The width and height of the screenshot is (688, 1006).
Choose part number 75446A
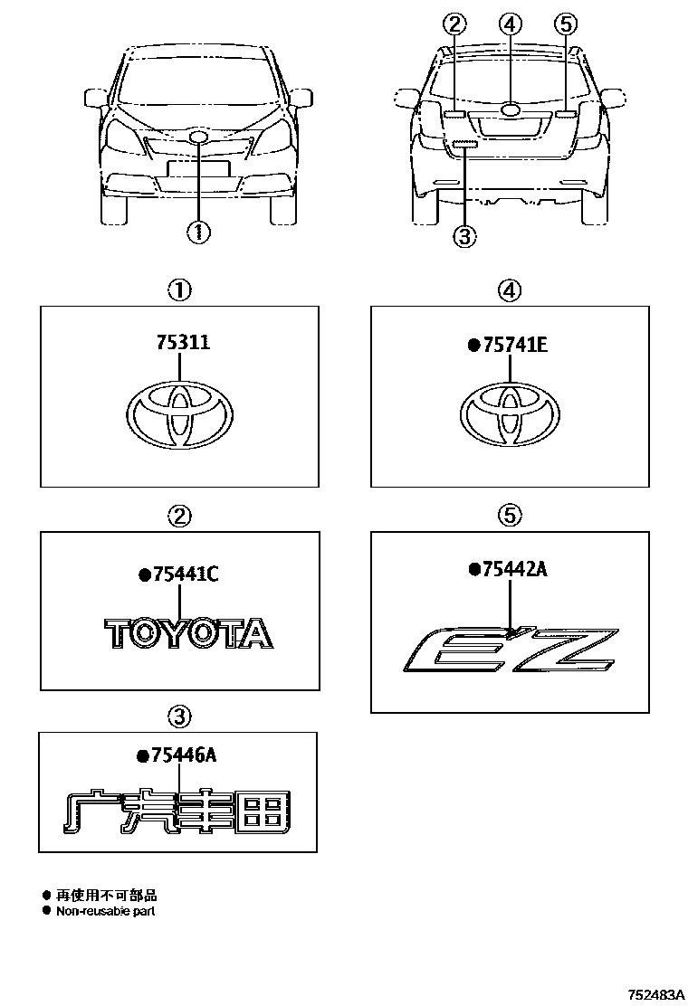(182, 757)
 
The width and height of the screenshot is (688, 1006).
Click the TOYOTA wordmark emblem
(188, 633)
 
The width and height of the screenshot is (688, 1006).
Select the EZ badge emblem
(511, 649)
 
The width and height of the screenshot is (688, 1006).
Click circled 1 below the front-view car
(198, 232)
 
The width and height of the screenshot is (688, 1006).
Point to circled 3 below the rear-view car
(463, 236)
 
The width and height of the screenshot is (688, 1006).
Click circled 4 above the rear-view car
(511, 24)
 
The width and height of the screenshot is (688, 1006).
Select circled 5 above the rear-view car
(567, 24)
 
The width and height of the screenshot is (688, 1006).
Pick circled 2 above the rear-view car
(454, 24)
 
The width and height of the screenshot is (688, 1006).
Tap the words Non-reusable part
(106, 912)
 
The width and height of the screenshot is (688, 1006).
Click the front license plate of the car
(196, 169)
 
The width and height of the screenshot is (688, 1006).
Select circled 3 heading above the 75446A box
(180, 717)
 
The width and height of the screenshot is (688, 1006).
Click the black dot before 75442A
(473, 568)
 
